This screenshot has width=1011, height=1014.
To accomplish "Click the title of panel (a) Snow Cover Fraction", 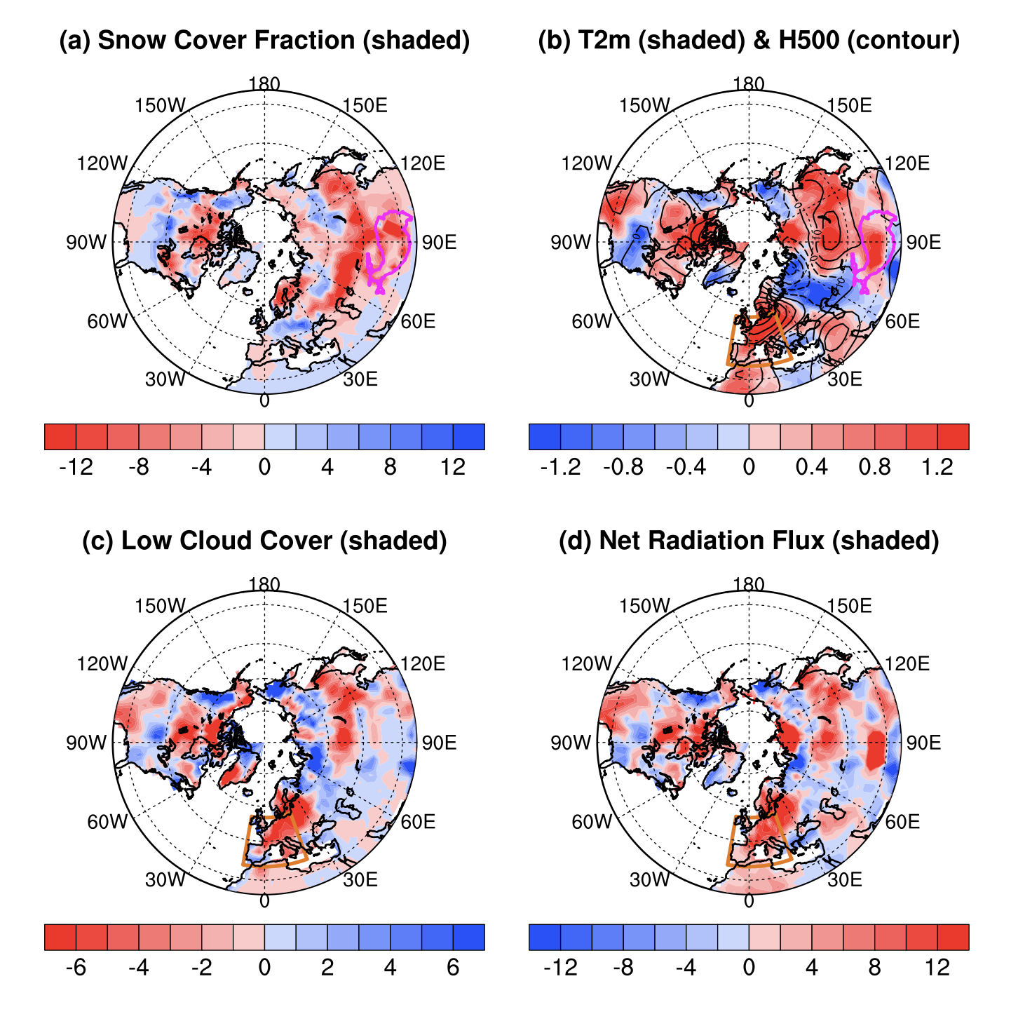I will (x=264, y=41).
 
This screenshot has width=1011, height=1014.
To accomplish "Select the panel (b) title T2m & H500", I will (x=748, y=41).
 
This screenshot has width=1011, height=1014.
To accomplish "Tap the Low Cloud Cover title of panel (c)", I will (x=264, y=541).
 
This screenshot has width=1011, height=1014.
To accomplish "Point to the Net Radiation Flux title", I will (x=748, y=541).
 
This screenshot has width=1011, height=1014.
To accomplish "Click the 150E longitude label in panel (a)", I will (x=365, y=106).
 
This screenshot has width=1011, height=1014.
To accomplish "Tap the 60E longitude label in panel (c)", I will (x=418, y=821).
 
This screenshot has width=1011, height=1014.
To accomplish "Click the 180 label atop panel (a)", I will (x=264, y=84).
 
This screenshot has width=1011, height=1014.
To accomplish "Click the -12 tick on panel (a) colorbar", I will (x=76, y=468).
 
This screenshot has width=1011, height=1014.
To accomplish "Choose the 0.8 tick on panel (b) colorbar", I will (x=874, y=468).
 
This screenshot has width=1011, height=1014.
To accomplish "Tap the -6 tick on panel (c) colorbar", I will (x=76, y=968).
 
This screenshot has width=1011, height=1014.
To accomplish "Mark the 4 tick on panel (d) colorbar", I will (x=811, y=968).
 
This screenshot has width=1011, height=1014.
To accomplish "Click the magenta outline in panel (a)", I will (x=376, y=231).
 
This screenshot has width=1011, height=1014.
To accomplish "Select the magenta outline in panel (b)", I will (x=861, y=231).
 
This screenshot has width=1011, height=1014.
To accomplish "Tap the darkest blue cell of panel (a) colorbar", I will (x=468, y=437).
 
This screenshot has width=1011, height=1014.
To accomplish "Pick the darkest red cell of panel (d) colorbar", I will (x=953, y=937).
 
